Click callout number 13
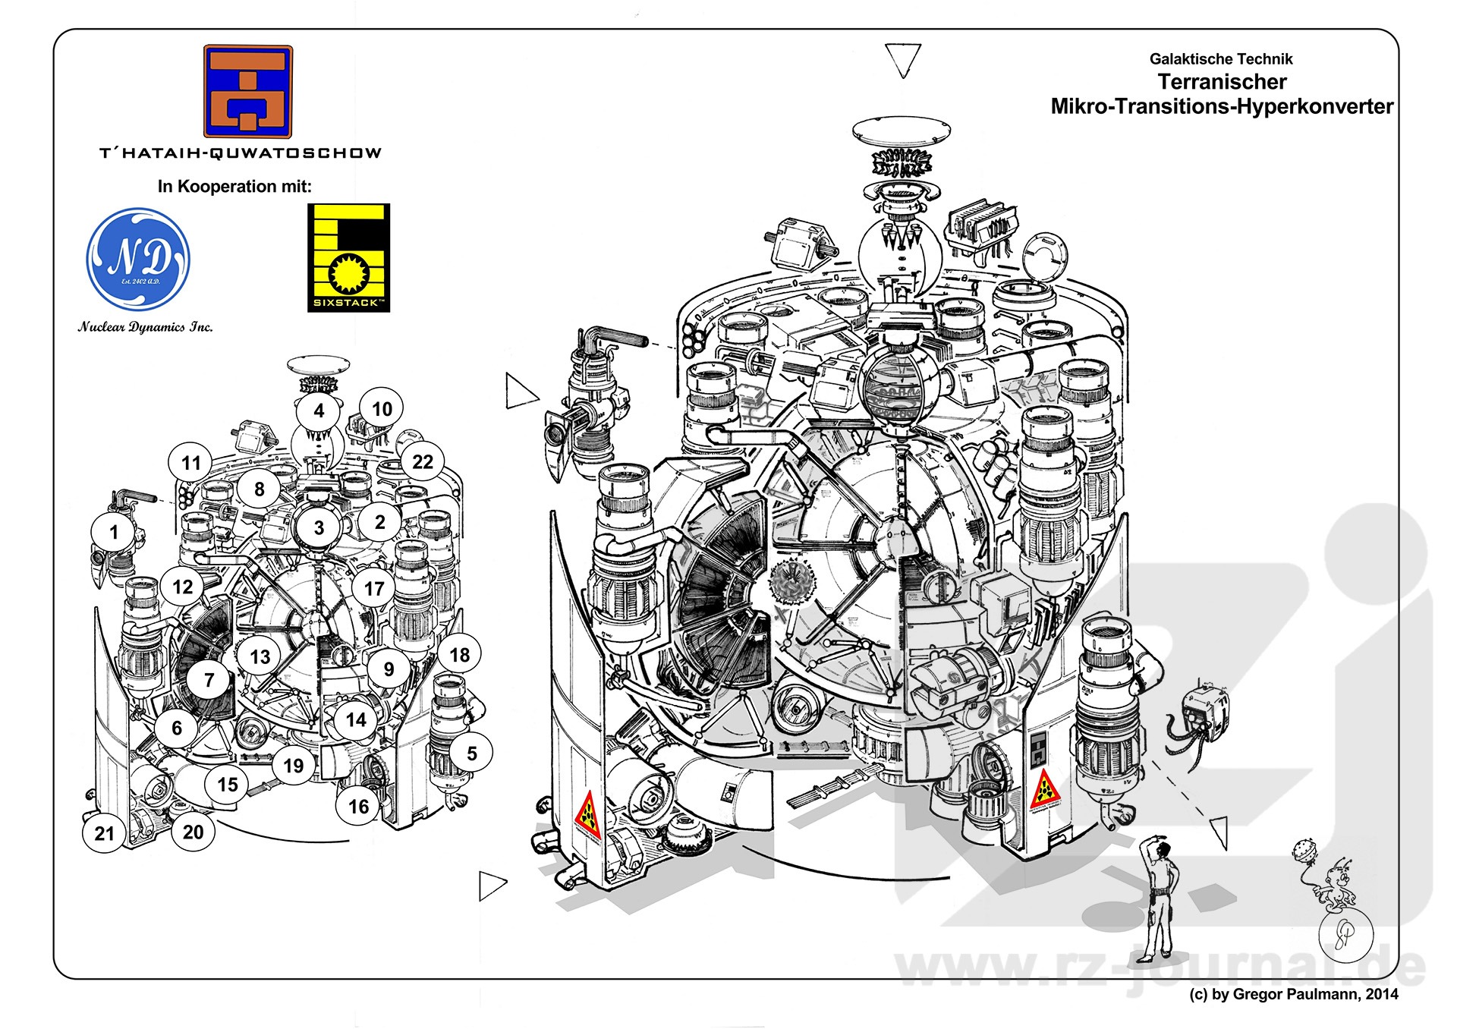click(260, 657)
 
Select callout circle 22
click(423, 462)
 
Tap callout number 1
click(114, 532)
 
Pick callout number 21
click(104, 833)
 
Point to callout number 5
click(471, 754)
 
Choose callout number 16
click(358, 807)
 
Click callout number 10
click(382, 410)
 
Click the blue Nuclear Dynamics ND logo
click(138, 260)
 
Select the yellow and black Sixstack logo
click(348, 257)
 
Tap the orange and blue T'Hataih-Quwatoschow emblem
click(248, 91)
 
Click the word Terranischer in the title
click(1222, 82)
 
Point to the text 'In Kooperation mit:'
click(234, 187)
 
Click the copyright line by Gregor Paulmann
click(1293, 994)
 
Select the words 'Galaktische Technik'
click(1220, 59)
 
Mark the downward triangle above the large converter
click(902, 58)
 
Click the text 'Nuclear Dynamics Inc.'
click(145, 327)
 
